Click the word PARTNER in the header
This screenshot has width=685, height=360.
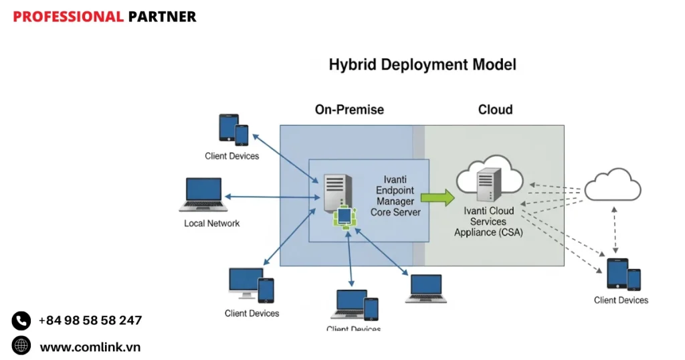pos(163,17)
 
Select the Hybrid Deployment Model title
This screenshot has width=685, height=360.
pos(422,66)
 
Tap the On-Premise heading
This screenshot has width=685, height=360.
pos(349,110)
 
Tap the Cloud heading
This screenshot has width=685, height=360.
pos(495,110)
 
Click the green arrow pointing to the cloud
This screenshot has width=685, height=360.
pos(438,197)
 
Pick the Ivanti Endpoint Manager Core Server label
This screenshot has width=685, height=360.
pos(395,196)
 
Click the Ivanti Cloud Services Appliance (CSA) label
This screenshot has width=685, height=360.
pos(488,221)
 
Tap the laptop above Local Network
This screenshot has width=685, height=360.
pos(201,195)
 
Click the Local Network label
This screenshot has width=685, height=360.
pos(211,223)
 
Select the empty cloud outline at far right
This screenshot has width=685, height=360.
pos(612,185)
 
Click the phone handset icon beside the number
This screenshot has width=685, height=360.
pos(21,321)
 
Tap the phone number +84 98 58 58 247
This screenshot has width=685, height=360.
pos(90,321)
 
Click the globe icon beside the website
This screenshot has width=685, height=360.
pos(21,346)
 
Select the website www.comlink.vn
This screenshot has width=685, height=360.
pos(90,347)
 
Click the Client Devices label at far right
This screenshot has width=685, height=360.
pos(621,300)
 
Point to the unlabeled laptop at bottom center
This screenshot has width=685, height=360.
pos(425,288)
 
